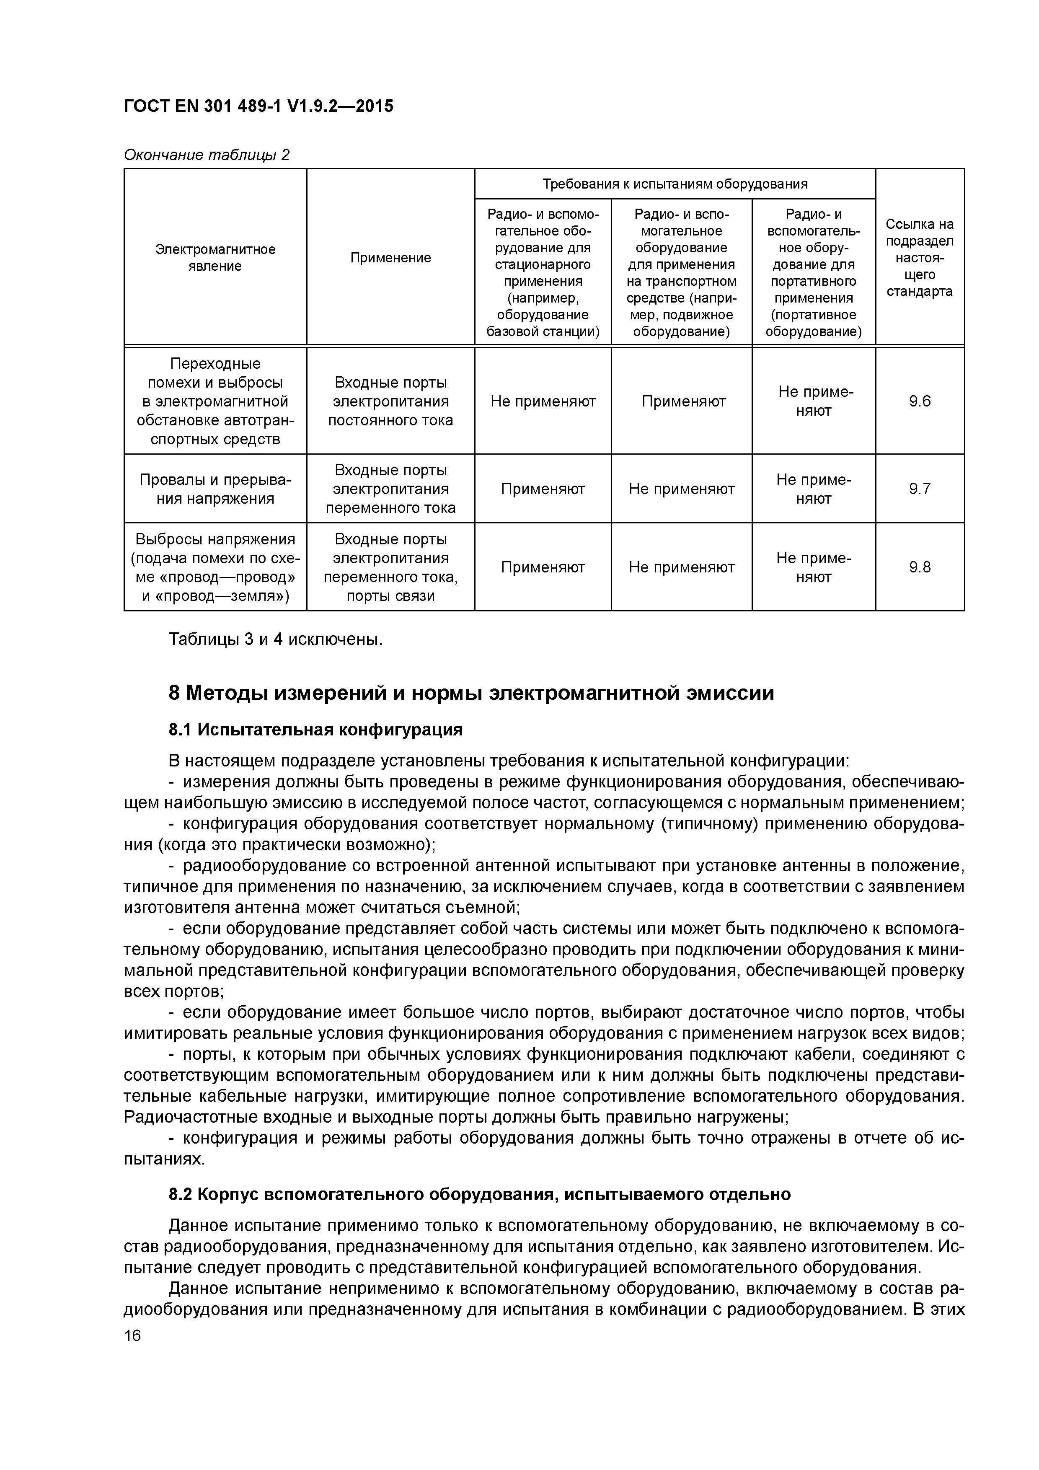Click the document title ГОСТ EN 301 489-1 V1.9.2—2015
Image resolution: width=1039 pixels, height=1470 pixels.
258,106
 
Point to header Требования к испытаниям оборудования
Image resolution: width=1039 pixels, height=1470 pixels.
675,184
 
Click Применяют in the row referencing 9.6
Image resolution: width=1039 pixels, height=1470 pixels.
683,401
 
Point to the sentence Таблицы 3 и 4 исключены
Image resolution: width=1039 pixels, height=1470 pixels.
275,639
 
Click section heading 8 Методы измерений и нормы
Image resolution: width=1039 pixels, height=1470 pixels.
471,694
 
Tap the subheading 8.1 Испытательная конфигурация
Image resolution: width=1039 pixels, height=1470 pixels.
315,730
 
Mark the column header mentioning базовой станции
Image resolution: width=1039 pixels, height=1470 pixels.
543,272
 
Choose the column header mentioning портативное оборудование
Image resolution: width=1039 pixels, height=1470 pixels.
813,272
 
